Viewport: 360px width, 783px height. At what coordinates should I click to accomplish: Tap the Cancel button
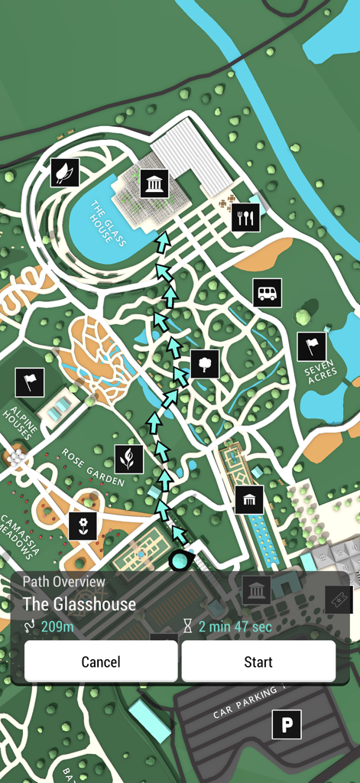pyautogui.click(x=101, y=661)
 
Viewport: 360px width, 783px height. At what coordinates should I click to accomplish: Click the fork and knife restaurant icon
pyautogui.click(x=245, y=218)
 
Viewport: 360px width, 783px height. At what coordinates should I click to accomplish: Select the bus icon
pyautogui.click(x=267, y=293)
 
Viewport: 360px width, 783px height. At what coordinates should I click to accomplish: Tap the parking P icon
pyautogui.click(x=287, y=724)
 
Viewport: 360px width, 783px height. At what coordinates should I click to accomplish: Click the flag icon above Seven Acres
pyautogui.click(x=311, y=346)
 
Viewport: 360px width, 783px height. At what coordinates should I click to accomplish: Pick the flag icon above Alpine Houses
pyautogui.click(x=30, y=382)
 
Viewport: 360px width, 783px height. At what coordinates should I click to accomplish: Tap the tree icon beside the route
pyautogui.click(x=205, y=363)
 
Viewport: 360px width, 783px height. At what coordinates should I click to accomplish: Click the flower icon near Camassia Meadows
pyautogui.click(x=83, y=525)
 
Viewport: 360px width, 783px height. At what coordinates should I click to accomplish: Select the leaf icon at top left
pyautogui.click(x=65, y=172)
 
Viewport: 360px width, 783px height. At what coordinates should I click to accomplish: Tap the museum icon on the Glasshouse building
pyautogui.click(x=154, y=184)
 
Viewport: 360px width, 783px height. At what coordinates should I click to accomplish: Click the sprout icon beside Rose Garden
pyautogui.click(x=129, y=459)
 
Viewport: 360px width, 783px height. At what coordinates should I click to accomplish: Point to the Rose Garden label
pyautogui.click(x=93, y=467)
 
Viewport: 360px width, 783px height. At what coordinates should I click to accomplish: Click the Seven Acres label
pyautogui.click(x=319, y=372)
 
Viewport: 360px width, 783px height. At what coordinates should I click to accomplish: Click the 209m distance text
pyautogui.click(x=57, y=628)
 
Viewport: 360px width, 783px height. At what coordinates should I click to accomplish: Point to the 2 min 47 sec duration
pyautogui.click(x=235, y=628)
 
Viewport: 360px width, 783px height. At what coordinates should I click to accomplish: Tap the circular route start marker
pyautogui.click(x=180, y=560)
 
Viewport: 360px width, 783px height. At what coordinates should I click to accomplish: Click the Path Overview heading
pyautogui.click(x=64, y=582)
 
